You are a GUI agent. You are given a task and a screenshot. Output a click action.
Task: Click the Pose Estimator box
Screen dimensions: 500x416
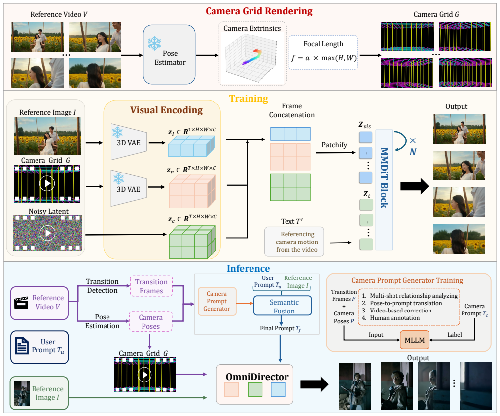point(169,55)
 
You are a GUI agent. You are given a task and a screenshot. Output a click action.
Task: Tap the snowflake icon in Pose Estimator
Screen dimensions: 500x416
point(154,43)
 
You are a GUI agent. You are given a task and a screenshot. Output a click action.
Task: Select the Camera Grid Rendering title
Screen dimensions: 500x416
point(259,11)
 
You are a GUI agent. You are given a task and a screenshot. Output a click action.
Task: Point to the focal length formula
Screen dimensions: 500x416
point(323,58)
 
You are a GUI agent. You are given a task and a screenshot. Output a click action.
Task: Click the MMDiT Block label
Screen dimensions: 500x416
point(384,178)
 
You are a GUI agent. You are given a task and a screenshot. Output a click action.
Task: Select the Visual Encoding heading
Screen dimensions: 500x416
point(166,110)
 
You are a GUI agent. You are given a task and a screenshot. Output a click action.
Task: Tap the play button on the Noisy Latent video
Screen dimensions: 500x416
point(47,233)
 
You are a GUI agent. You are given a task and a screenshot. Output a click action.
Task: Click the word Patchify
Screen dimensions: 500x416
point(334,145)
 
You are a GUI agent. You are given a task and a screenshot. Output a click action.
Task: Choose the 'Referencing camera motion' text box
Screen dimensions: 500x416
point(294,242)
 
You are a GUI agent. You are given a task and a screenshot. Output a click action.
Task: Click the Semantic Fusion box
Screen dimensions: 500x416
point(283,306)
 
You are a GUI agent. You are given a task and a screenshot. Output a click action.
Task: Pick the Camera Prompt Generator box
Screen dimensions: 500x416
point(217,301)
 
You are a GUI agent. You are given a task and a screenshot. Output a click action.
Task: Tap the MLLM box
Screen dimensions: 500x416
point(415,340)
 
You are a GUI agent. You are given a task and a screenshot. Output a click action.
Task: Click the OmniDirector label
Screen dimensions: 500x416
point(257,377)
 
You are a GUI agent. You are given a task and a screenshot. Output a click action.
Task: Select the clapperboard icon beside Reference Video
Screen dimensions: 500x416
point(22,303)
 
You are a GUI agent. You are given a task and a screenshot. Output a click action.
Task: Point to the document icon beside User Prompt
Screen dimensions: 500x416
point(22,346)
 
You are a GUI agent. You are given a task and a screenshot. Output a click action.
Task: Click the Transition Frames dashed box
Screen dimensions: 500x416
point(151,286)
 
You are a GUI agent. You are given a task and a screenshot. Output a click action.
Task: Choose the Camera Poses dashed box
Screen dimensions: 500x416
point(150,322)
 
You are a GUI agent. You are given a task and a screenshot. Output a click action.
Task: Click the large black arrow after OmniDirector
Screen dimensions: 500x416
point(315,384)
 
